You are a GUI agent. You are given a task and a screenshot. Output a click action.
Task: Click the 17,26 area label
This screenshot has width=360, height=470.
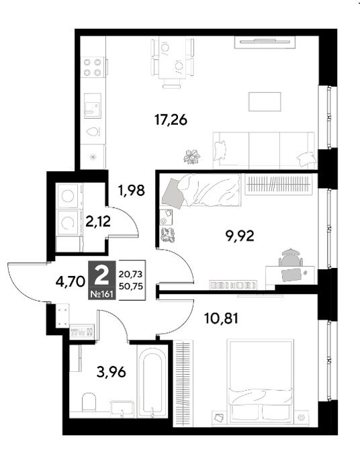[x=171, y=120]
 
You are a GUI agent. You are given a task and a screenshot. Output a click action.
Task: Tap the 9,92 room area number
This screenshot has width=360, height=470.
[x=240, y=236]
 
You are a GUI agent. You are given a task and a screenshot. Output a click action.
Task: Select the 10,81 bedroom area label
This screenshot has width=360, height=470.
[x=221, y=318]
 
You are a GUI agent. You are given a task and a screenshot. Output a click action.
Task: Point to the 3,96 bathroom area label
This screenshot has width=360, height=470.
[x=111, y=372]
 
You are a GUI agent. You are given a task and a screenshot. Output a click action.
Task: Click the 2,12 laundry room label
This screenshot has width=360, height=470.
[x=98, y=222]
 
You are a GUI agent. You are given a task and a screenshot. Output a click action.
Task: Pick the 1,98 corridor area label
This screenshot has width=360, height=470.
[x=132, y=190]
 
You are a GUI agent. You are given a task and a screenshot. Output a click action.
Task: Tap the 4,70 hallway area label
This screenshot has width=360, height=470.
[x=71, y=282]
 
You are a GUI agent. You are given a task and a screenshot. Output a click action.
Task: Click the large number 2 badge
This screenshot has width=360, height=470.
[x=101, y=276]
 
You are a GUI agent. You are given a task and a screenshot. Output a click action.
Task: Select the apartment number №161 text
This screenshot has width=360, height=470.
[x=102, y=294]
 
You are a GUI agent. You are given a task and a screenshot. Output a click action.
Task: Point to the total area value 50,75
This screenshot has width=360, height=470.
[x=131, y=286]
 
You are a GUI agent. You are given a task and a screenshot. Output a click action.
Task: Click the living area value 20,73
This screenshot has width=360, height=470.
[x=131, y=274]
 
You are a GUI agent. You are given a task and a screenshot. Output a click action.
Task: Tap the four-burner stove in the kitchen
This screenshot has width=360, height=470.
[x=92, y=67]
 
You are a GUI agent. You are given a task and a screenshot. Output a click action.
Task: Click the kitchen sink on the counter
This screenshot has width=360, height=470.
[x=92, y=106]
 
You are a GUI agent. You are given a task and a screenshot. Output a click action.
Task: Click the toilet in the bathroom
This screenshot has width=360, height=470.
[x=89, y=402]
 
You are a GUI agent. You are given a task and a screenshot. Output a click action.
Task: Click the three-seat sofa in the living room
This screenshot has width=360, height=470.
[x=264, y=150]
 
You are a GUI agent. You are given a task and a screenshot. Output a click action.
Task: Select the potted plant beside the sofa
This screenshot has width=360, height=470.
[x=192, y=156]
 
